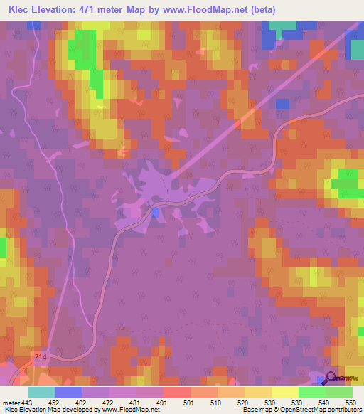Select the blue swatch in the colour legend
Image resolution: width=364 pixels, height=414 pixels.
click(69, 391)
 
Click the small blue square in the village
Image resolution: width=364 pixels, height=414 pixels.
click(155, 212)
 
